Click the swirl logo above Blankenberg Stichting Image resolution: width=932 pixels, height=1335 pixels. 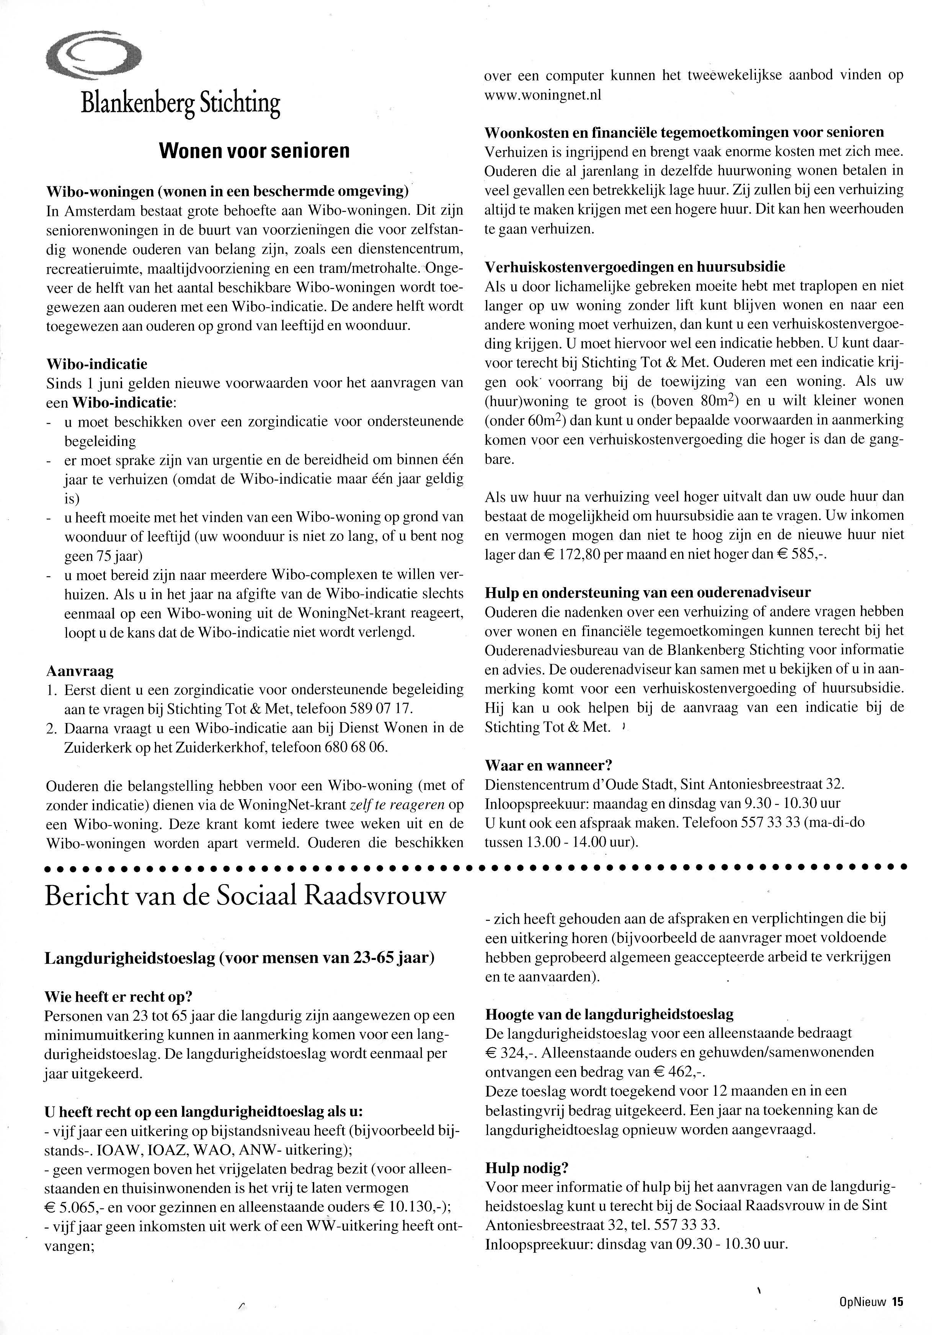pos(93,55)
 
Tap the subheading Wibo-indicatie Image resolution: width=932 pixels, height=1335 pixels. pos(96,364)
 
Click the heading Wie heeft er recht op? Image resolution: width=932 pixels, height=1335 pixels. pos(118,997)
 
